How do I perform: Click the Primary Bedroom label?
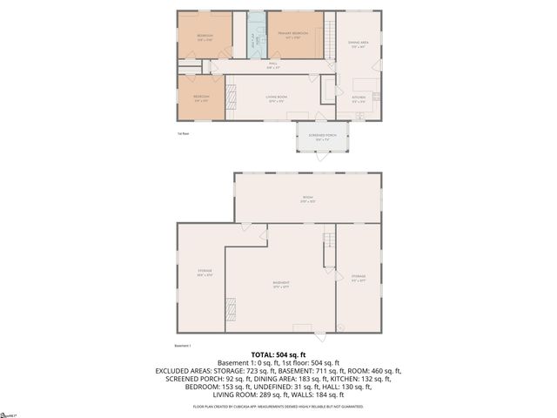tap(294, 35)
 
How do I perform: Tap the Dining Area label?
tap(358, 45)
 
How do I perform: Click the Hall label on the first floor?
tap(272, 65)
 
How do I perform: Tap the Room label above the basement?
tap(307, 199)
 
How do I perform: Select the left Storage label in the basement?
tap(205, 273)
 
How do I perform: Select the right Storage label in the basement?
tap(358, 280)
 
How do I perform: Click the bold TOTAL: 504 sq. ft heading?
tap(278, 354)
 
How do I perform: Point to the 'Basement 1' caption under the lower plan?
tap(183, 346)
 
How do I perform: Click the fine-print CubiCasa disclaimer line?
tap(278, 407)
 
